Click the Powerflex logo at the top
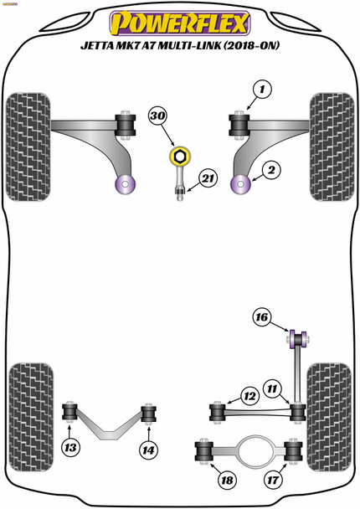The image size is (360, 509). point(180,23)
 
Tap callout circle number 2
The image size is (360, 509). point(271,170)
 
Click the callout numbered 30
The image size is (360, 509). point(158,116)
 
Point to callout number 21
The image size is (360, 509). point(208,178)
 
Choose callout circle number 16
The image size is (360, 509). point(262,316)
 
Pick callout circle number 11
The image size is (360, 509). point(272,388)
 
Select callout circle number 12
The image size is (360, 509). point(250,396)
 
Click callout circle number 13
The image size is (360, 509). point(70,448)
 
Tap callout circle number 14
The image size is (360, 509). point(149,450)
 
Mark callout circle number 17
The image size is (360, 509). point(273,480)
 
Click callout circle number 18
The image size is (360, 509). point(227,480)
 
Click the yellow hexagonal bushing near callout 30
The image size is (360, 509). point(179,157)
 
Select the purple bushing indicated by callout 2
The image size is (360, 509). point(240,184)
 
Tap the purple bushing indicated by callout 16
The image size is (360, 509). point(298,339)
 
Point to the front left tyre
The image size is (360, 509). point(28,147)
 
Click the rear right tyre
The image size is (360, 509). point(329,417)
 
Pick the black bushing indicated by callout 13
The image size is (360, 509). point(69,411)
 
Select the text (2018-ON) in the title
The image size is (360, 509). point(250,45)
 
